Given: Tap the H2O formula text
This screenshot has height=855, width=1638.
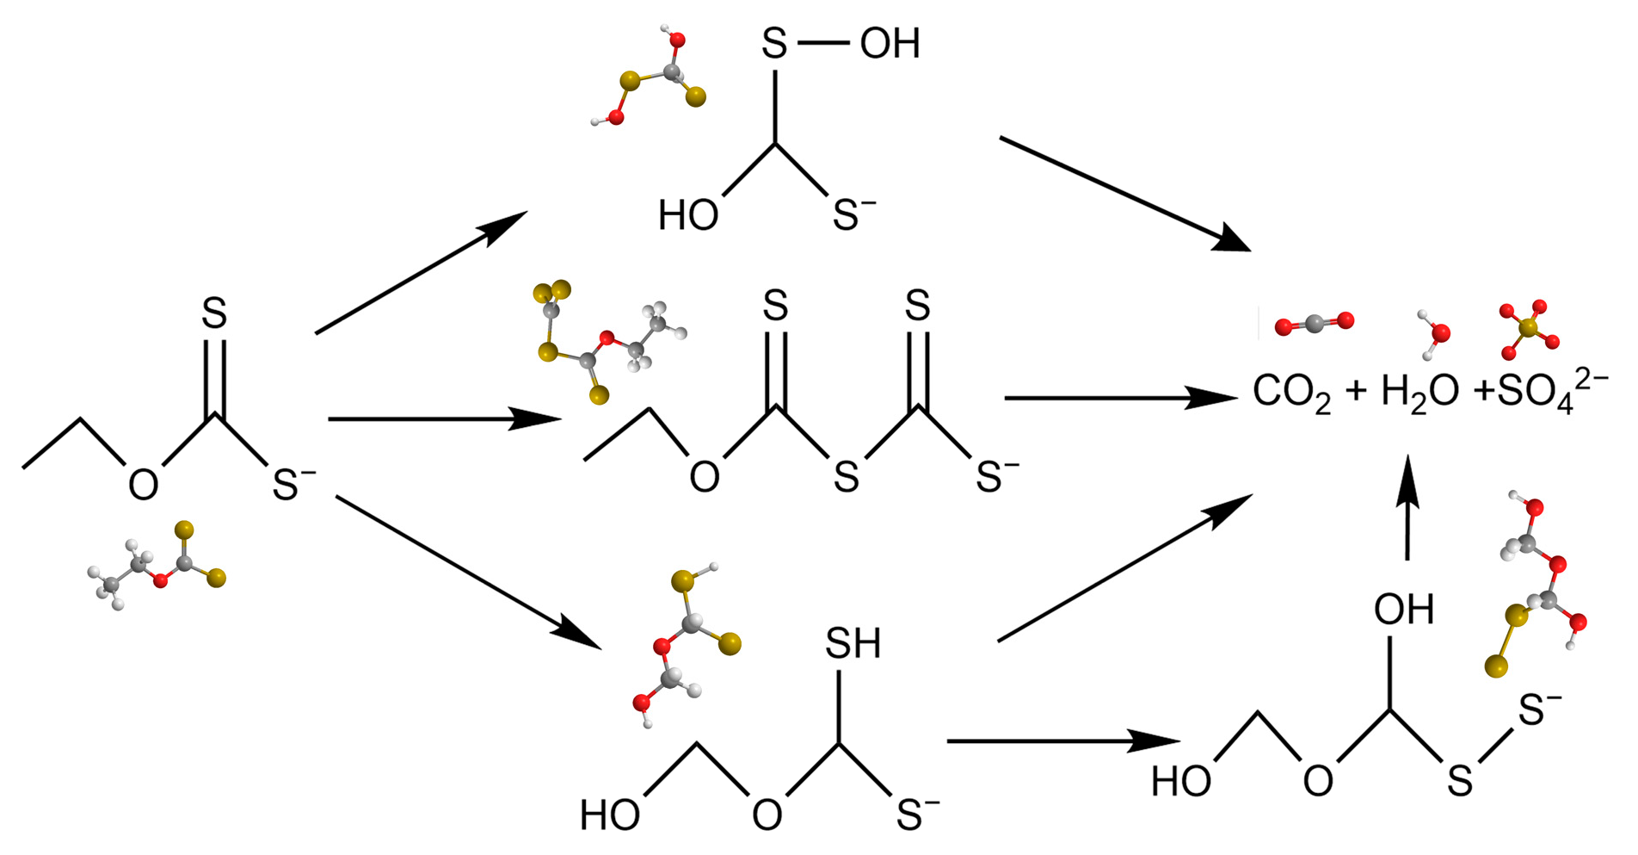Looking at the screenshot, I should coord(1419,393).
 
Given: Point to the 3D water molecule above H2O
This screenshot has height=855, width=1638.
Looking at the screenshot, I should coord(1434,332).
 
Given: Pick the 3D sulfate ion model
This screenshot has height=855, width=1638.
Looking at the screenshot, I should coord(1528,329).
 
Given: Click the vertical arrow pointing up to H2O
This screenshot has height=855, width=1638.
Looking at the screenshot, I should coord(1407,508).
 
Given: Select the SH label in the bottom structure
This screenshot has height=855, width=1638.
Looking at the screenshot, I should coord(853,643).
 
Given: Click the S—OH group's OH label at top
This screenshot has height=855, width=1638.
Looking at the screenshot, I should coord(890,43).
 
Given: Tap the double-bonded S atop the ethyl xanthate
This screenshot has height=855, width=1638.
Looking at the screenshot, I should coord(214,313).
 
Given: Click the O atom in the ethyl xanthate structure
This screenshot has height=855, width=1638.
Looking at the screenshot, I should coord(143,485).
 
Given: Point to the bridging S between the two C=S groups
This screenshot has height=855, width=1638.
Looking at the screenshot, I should coord(846,477).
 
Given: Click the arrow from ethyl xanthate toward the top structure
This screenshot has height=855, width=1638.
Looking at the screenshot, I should coord(421,271).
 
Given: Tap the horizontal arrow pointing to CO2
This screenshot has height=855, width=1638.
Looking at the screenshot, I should coord(1118,398).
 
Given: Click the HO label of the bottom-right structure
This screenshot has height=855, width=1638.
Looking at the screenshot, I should coord(1181,781).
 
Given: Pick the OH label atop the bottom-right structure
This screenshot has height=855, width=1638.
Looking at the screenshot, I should coord(1403,610).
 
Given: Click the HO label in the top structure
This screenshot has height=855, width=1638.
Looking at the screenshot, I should coord(687,215).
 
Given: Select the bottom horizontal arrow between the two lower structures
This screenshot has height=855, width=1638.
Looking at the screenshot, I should coord(1062,740).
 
